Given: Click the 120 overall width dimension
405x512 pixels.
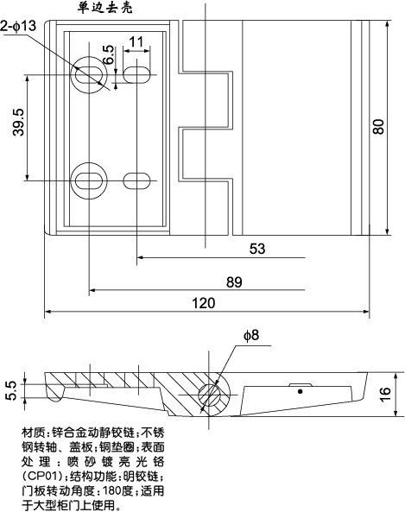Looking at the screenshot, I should coord(203,303).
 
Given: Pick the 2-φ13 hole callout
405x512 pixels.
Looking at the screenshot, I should coord(19,27).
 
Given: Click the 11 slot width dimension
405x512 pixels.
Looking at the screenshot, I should coord(136,41).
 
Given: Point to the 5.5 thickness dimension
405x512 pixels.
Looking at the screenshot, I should coord(11,390).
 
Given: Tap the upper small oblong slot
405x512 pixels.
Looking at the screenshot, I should coord(136,73).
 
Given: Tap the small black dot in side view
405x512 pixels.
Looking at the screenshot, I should coord(301,391).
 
